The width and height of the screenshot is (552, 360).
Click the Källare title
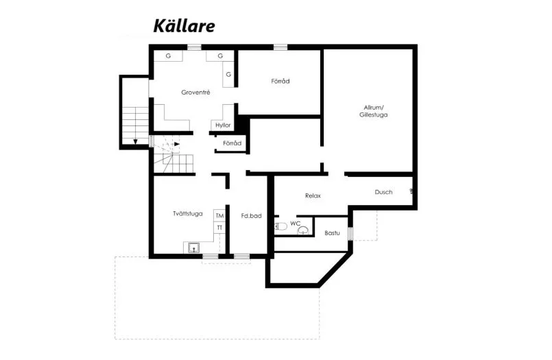184,27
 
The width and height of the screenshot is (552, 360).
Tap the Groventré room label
195,93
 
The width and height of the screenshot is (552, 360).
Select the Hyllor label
223,125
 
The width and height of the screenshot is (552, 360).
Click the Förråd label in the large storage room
280,82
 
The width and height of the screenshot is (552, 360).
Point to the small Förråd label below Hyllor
232,143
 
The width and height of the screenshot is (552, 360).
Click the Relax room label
313,196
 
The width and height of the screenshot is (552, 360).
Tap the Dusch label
383,192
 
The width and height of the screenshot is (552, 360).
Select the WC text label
296,224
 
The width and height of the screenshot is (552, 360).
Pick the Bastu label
332,233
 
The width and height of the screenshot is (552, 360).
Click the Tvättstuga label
187,213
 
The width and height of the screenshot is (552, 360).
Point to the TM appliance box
219,216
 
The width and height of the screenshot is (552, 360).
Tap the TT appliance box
219,227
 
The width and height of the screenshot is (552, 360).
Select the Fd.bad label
251,216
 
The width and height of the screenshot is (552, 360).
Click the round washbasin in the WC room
302,231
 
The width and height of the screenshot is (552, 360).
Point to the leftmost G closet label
168,56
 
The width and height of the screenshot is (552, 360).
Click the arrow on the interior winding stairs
176,144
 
